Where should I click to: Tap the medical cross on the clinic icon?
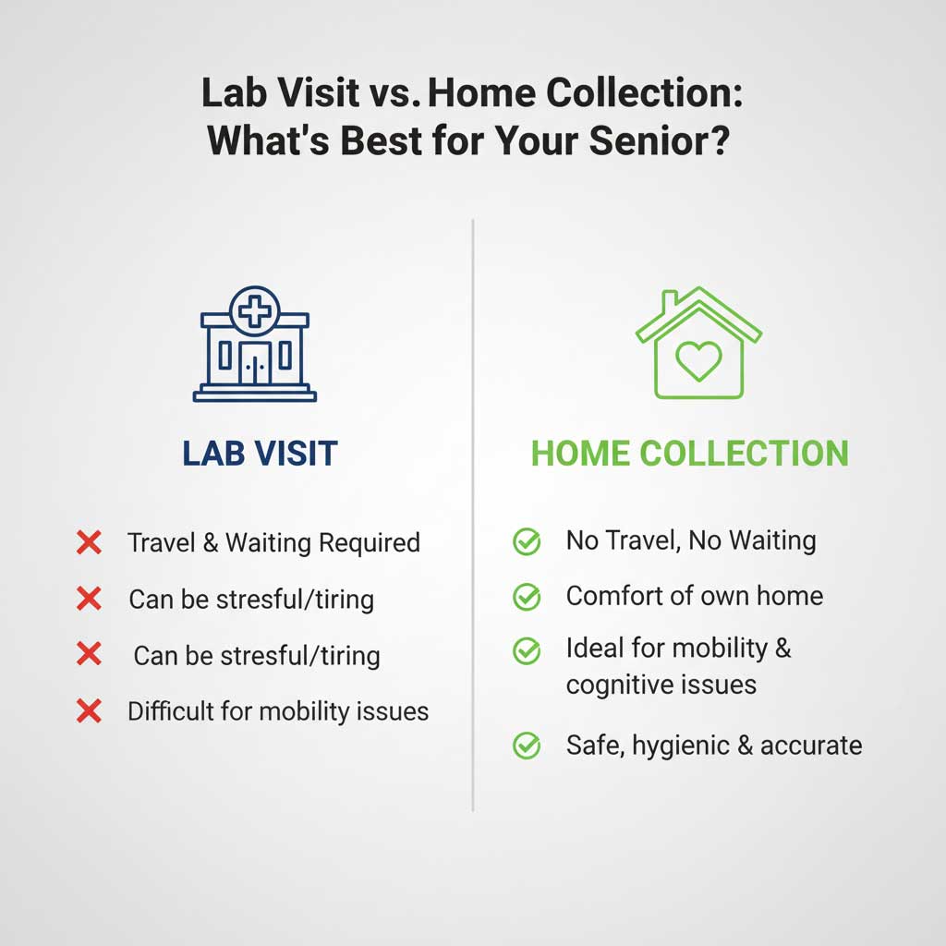click(x=255, y=310)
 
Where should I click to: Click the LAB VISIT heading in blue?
click(x=260, y=454)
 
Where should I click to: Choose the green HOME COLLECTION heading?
click(x=689, y=454)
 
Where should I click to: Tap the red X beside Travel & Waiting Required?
click(x=89, y=542)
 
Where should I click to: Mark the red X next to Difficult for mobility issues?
click(x=89, y=711)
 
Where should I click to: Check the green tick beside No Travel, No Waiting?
click(x=527, y=542)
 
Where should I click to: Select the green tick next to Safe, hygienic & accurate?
click(x=527, y=746)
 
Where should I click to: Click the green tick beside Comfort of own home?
click(x=527, y=597)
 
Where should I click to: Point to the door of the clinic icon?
click(x=255, y=362)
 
